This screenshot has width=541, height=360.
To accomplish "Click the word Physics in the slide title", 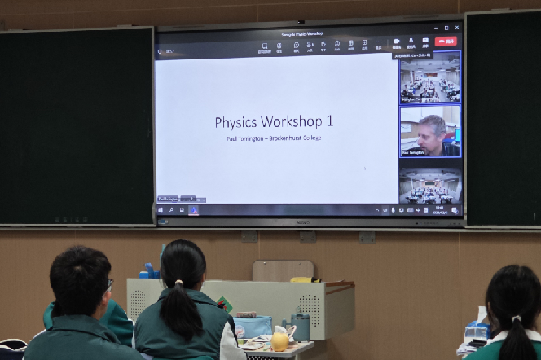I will (x=236, y=122).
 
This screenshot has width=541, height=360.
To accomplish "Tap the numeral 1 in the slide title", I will (x=329, y=122).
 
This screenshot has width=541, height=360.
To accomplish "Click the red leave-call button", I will (x=446, y=42).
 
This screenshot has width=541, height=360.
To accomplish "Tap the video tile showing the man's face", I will (x=430, y=131).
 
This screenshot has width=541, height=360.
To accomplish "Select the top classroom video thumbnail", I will (x=430, y=78).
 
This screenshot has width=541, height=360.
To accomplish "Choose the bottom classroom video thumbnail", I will (x=430, y=186).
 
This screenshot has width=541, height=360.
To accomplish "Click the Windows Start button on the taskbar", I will (x=161, y=210).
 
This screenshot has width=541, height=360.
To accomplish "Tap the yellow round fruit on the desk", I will (x=279, y=341).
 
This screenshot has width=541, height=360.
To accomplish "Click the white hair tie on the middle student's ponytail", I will (x=178, y=283).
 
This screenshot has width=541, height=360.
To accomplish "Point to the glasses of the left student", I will (x=109, y=283).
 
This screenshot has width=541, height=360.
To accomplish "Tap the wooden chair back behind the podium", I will (x=282, y=270).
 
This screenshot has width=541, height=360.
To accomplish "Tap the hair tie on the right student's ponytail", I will (x=516, y=318).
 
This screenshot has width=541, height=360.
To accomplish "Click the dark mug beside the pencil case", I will (x=301, y=327).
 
